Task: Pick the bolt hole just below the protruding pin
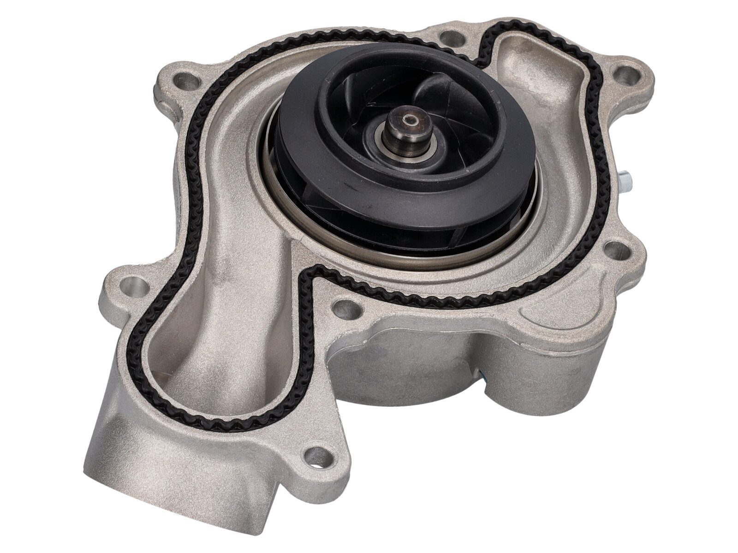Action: point(616,249)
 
